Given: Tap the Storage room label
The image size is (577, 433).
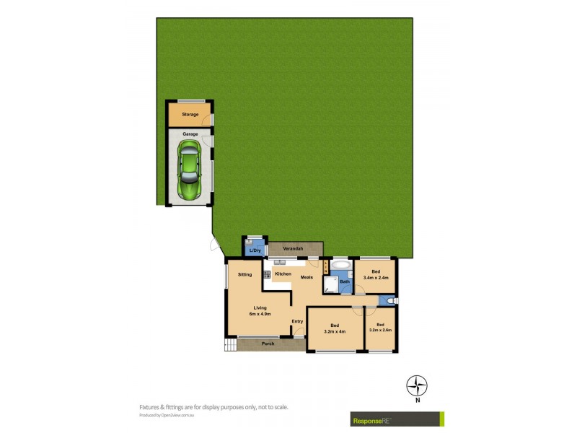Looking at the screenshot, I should (190, 114).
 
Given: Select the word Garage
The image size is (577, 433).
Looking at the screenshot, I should (190, 134).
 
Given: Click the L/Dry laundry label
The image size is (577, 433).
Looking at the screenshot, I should (255, 252).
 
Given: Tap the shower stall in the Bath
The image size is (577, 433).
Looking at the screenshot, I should (330, 287).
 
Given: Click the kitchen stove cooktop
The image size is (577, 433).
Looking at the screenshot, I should (266, 275).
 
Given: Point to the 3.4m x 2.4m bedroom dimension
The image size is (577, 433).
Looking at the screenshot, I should (376, 278).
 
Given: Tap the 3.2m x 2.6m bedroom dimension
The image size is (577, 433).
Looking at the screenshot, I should (380, 330).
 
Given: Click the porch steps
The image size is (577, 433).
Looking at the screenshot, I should (230, 345).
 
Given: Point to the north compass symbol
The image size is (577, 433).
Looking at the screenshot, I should (417, 385).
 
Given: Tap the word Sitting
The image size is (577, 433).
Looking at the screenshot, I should (245, 275).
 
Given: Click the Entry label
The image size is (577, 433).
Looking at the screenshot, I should (297, 321).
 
